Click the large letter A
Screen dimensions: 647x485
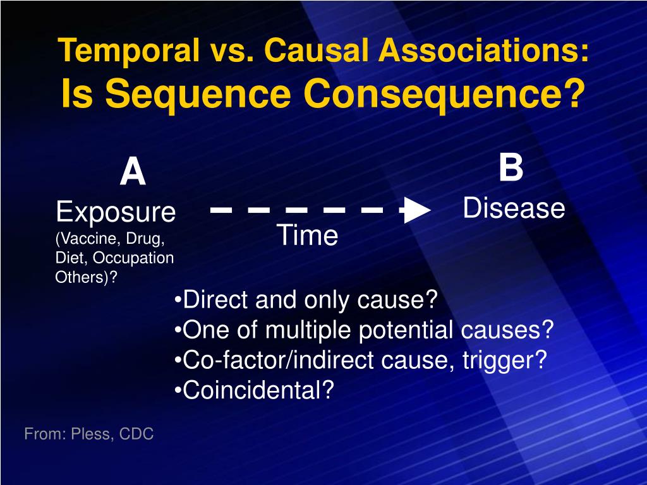pyautogui.click(x=133, y=173)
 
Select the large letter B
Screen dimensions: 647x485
pyautogui.click(x=511, y=169)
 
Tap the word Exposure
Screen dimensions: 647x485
pyautogui.click(x=116, y=212)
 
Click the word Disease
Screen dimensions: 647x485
pyautogui.click(x=514, y=208)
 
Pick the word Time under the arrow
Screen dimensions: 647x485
pyautogui.click(x=308, y=236)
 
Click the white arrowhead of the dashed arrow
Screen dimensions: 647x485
pyautogui.click(x=417, y=210)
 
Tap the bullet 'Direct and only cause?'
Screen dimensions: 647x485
pyautogui.click(x=306, y=300)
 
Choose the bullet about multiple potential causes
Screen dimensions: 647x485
pyautogui.click(x=364, y=330)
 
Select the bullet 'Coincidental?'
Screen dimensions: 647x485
pyautogui.click(x=254, y=391)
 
